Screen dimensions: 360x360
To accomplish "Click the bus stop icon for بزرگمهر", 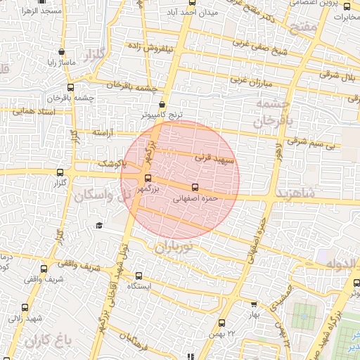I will click(x=147, y=178).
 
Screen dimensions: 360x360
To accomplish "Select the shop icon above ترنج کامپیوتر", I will click(x=162, y=103).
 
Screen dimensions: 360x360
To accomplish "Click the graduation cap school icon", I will click(x=99, y=225).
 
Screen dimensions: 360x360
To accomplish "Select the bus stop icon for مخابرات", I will click(x=347, y=6).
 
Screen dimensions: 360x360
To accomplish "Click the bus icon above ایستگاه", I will click(x=139, y=276).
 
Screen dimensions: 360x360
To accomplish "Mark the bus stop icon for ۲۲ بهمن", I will click(x=222, y=323).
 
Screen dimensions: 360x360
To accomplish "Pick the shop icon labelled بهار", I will click(x=255, y=304).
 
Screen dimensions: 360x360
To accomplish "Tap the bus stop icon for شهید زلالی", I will click(x=26, y=307).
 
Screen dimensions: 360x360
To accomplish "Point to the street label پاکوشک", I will click(x=110, y=165).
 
